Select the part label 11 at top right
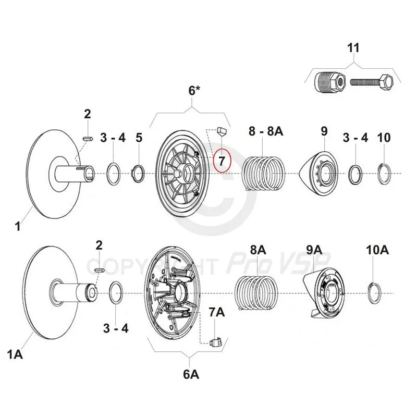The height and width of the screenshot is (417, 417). pyautogui.click(x=353, y=48)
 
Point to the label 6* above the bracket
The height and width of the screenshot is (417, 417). pyautogui.click(x=194, y=90)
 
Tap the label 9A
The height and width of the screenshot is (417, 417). pyautogui.click(x=314, y=251)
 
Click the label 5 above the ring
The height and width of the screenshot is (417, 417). pyautogui.click(x=139, y=138)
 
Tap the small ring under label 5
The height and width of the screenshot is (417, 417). pyautogui.click(x=139, y=173)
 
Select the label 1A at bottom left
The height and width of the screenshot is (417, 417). pyautogui.click(x=16, y=355)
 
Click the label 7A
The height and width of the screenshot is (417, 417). pyautogui.click(x=216, y=312)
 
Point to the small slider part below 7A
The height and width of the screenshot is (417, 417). pyautogui.click(x=216, y=342)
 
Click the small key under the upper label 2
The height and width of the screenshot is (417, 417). pyautogui.click(x=88, y=138)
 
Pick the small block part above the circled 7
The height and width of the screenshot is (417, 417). pyautogui.click(x=220, y=130)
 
